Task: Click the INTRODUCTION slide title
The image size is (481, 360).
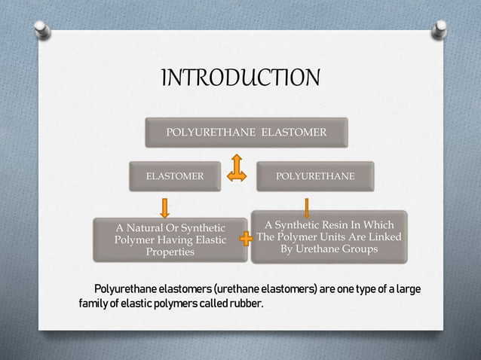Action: [x=240, y=78]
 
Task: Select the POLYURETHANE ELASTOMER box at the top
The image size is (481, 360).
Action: [x=246, y=133]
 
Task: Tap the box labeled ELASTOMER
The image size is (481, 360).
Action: [x=174, y=175]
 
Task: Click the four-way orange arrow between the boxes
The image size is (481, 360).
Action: [x=237, y=168]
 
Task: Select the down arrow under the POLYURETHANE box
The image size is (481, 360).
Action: [x=307, y=207]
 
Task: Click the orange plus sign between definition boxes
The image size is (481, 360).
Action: [x=245, y=239]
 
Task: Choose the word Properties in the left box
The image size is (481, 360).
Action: [x=170, y=252]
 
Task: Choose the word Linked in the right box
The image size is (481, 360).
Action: [x=383, y=236]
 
